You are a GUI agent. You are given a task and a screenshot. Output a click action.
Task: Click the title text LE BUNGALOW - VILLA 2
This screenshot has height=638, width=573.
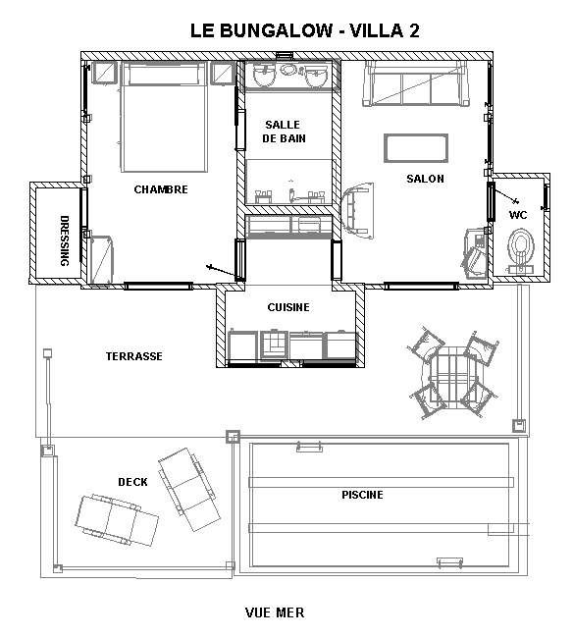(304, 30)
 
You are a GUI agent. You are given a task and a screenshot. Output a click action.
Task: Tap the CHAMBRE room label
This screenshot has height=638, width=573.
(161, 189)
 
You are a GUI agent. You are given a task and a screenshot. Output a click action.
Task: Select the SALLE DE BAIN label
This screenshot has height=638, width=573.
(284, 132)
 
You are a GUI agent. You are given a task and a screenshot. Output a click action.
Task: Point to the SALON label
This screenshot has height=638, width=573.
(425, 179)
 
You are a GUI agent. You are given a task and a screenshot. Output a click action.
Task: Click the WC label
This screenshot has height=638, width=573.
(518, 215)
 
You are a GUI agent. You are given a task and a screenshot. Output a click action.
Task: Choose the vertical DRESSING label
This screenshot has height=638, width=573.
(65, 240)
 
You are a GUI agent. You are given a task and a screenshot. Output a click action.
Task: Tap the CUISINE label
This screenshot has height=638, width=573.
(288, 307)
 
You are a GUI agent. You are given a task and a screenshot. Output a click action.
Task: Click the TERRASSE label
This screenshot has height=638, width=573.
(134, 356)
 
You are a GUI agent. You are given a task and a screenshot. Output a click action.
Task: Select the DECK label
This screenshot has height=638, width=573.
(132, 482)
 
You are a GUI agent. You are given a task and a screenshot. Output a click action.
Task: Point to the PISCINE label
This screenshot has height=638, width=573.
(362, 495)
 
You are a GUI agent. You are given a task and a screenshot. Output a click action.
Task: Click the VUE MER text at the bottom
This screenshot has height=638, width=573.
(275, 612)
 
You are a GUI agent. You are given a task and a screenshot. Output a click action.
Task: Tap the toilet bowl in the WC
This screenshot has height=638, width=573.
(521, 249)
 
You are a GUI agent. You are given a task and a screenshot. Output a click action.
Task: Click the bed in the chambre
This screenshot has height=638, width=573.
(164, 117)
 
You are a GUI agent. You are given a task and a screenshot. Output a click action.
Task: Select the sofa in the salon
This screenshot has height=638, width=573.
(416, 83)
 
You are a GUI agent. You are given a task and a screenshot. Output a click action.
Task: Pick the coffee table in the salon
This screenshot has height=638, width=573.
(416, 148)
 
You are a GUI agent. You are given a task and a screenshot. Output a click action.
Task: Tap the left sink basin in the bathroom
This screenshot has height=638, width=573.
(264, 77)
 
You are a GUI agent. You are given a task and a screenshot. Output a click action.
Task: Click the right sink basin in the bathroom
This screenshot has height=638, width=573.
(316, 78)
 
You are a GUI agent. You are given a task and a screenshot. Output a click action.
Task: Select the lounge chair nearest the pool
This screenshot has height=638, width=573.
(189, 490)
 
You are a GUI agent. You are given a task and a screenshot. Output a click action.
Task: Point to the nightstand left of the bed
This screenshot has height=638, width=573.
(105, 74)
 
